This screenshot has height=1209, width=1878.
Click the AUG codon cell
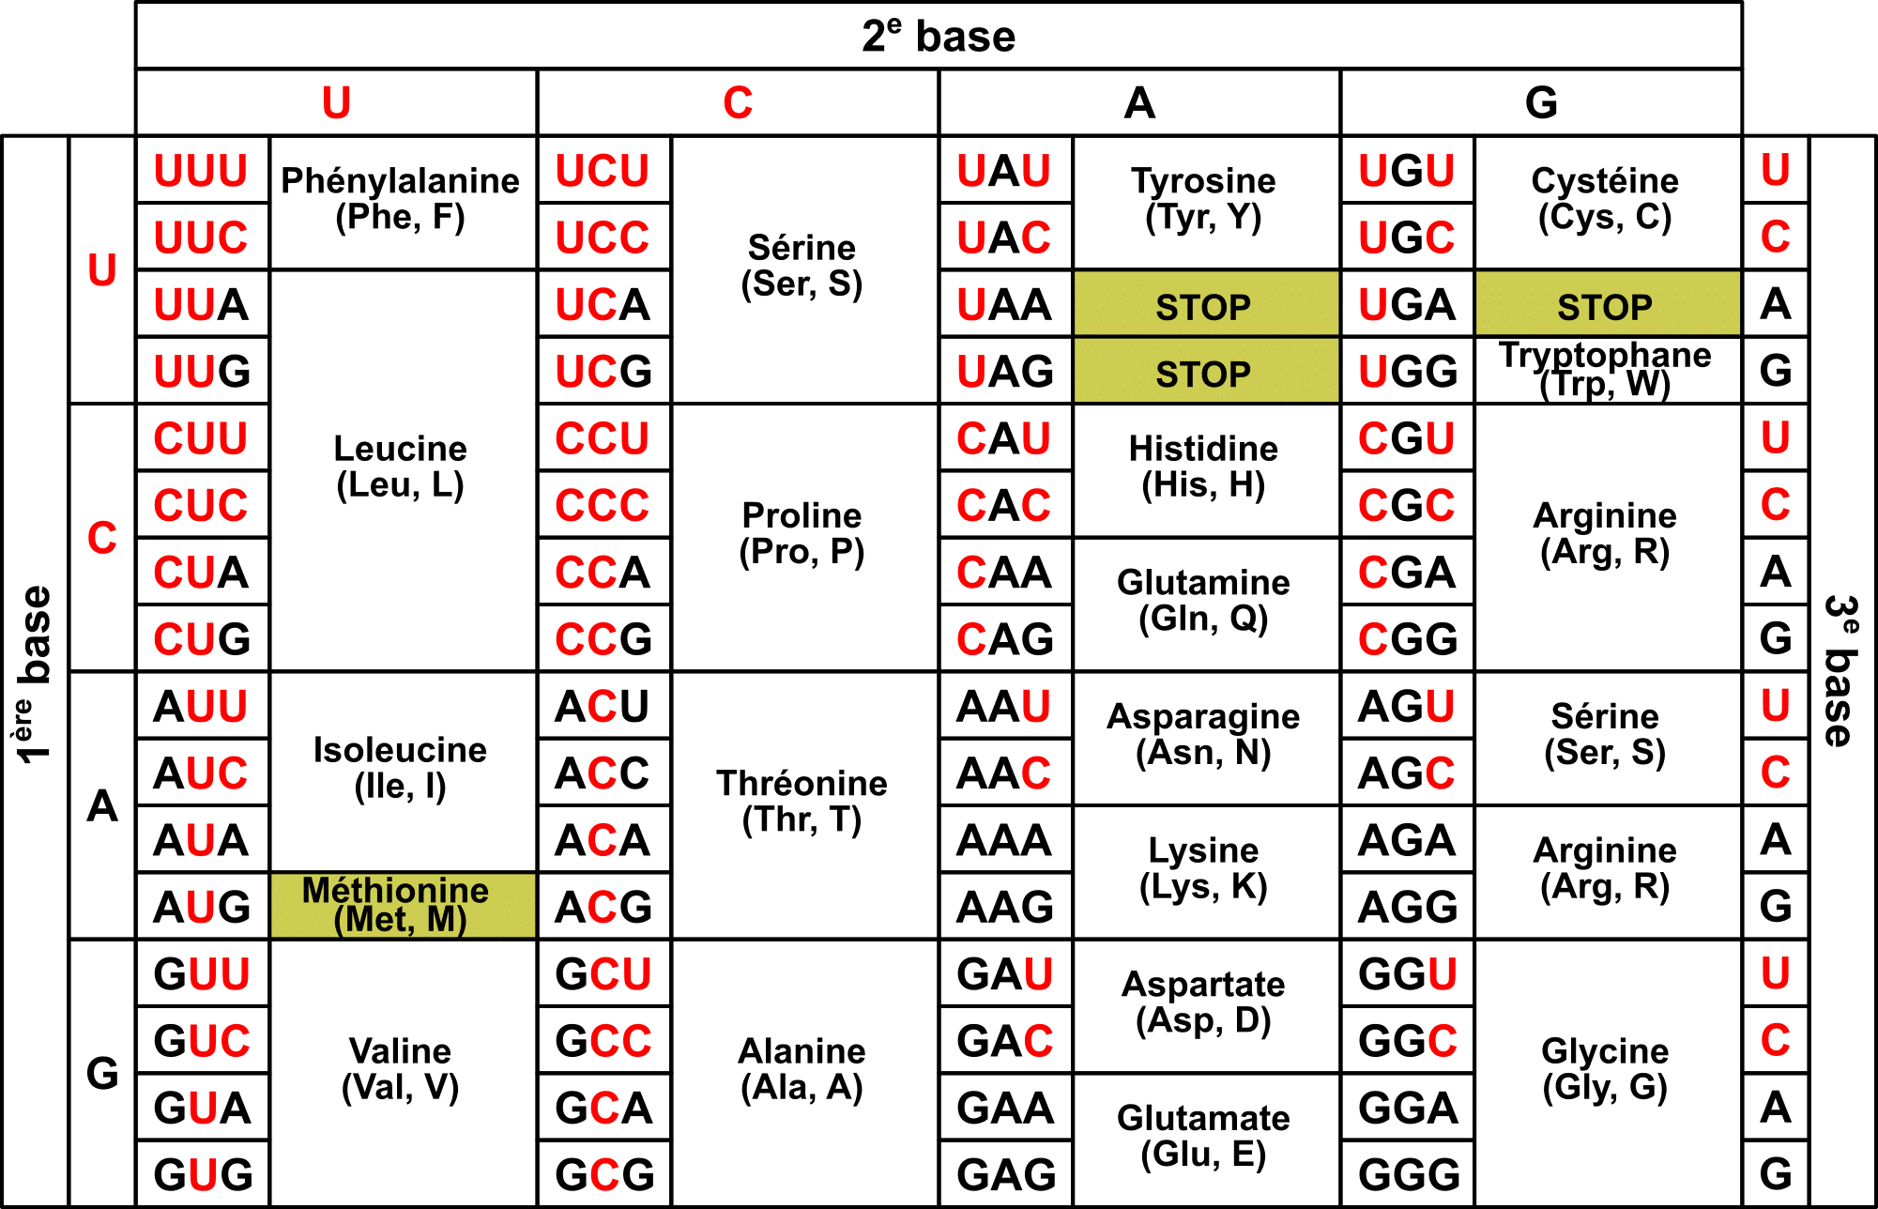pos(202,907)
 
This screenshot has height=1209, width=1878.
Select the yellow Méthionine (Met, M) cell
pos(402,905)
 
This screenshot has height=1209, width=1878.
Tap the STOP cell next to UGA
pos(1606,306)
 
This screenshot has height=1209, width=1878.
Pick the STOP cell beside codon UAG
pos(1204,374)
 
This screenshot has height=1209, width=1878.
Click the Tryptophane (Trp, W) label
pos(1606,370)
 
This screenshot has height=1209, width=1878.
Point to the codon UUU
pos(202,171)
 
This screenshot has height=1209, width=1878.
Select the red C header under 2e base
pos(738,102)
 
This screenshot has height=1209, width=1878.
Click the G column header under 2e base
pos(1541,102)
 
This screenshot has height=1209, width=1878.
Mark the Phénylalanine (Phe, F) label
pos(401,199)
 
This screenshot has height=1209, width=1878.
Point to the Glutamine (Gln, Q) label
pos(1204,601)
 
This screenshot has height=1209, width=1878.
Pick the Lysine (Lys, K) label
pos(1204,869)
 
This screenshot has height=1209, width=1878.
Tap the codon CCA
pos(603,573)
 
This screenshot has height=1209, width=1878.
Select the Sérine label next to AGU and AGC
pos(1606,734)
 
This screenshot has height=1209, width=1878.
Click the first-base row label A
pos(102,805)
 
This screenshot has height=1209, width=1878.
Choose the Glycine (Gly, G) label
pos(1606,1070)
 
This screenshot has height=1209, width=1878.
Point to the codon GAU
pos(1005,974)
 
